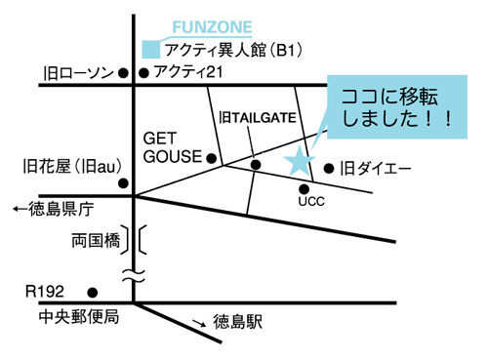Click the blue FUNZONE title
click(x=212, y=27)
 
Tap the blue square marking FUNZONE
click(x=151, y=50)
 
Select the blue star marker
click(x=300, y=160)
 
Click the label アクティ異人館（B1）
click(x=233, y=51)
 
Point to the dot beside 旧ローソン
click(x=123, y=73)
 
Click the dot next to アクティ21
click(x=143, y=73)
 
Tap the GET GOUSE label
click(x=173, y=147)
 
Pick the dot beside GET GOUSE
click(x=212, y=158)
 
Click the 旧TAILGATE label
click(x=258, y=117)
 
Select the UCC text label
click(x=311, y=201)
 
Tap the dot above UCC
click(x=304, y=188)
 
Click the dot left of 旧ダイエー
click(x=329, y=169)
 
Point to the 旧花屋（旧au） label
click(x=72, y=167)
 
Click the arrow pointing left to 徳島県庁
click(x=20, y=209)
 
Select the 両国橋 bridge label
click(x=96, y=241)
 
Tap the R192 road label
click(x=45, y=292)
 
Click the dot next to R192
click(x=93, y=293)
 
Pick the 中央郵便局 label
click(x=79, y=317)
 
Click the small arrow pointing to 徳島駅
click(x=199, y=323)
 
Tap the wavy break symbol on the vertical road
click(x=134, y=276)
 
